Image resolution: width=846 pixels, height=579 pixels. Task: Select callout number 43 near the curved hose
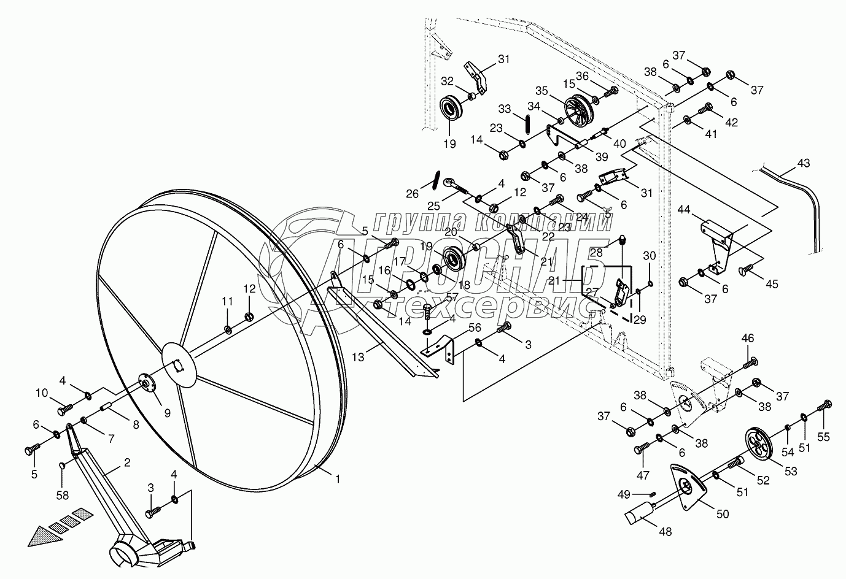pyautogui.click(x=804, y=164)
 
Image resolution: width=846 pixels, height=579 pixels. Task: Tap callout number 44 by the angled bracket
pyautogui.click(x=684, y=211)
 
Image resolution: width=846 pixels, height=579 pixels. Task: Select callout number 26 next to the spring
pyautogui.click(x=412, y=193)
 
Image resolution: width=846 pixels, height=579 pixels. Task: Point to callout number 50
pyautogui.click(x=723, y=514)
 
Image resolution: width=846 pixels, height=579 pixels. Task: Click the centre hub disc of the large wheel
pyautogui.click(x=179, y=365)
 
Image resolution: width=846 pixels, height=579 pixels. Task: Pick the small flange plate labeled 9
pyautogui.click(x=146, y=384)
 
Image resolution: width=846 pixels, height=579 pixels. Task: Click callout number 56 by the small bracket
pyautogui.click(x=475, y=329)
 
